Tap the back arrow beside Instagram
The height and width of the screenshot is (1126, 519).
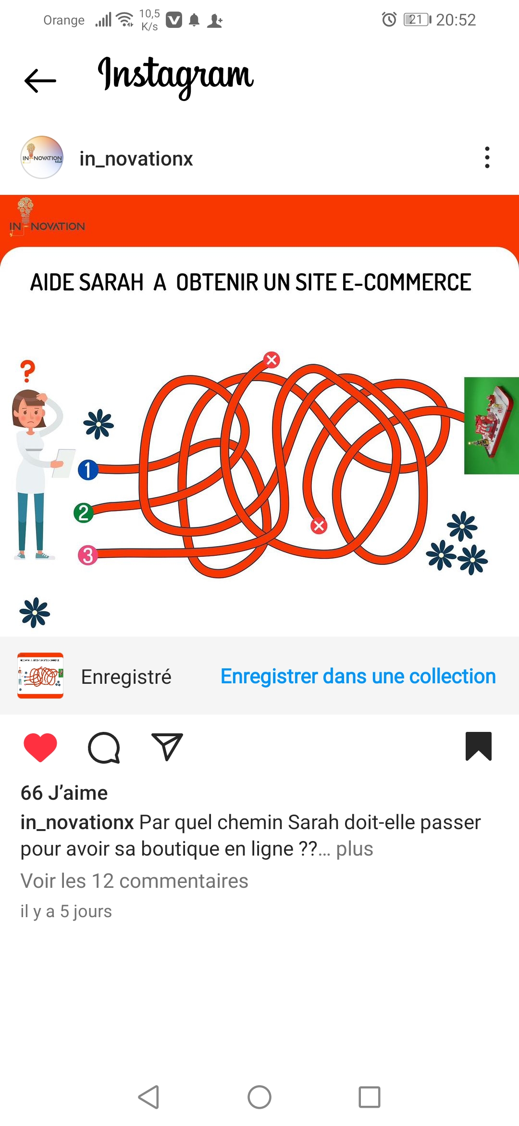pyautogui.click(x=40, y=80)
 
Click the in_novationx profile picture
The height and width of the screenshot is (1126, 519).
pyautogui.click(x=42, y=157)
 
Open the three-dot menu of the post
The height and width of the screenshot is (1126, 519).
pyautogui.click(x=487, y=157)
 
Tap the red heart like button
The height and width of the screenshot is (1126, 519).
pyautogui.click(x=40, y=747)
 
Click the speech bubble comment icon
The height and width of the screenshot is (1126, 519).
pyautogui.click(x=104, y=748)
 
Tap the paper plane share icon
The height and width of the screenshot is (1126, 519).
pyautogui.click(x=167, y=747)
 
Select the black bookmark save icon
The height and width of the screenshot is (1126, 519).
pyautogui.click(x=479, y=746)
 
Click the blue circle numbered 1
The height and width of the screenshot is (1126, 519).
pyautogui.click(x=88, y=470)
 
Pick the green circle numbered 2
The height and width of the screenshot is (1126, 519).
pyautogui.click(x=84, y=513)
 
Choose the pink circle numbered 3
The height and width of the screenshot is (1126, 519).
pyautogui.click(x=88, y=555)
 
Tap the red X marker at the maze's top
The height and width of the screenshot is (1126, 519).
pyautogui.click(x=272, y=359)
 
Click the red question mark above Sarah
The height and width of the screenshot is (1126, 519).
pyautogui.click(x=28, y=371)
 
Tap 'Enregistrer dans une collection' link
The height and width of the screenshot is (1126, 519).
pyautogui.click(x=358, y=676)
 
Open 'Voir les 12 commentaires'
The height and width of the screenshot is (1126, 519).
pyautogui.click(x=134, y=881)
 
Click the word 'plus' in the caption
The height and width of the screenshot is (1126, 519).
pyautogui.click(x=355, y=849)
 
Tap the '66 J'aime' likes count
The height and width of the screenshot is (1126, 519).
pyautogui.click(x=64, y=793)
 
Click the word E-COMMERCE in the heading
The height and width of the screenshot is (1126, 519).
pyautogui.click(x=406, y=282)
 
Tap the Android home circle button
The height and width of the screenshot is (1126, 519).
pyautogui.click(x=259, y=1097)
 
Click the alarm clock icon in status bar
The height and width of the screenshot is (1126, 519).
pyautogui.click(x=389, y=20)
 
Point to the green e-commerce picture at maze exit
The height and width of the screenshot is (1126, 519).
pyautogui.click(x=492, y=426)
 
